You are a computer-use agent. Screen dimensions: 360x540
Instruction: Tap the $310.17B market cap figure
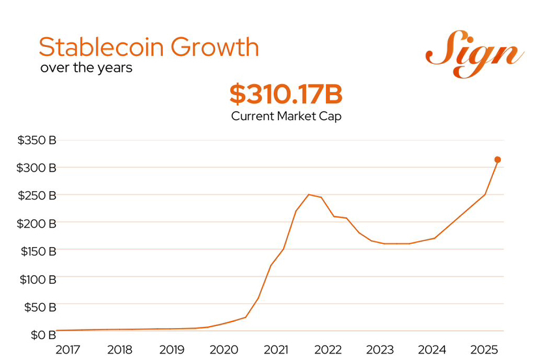[x=286, y=95]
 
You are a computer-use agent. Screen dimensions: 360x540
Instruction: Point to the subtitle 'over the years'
[x=86, y=67]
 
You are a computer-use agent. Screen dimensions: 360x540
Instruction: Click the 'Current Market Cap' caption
[x=286, y=116]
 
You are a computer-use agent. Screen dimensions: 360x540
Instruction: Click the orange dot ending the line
[x=498, y=160]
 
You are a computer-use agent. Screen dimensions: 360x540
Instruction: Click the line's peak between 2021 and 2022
[x=308, y=194]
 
